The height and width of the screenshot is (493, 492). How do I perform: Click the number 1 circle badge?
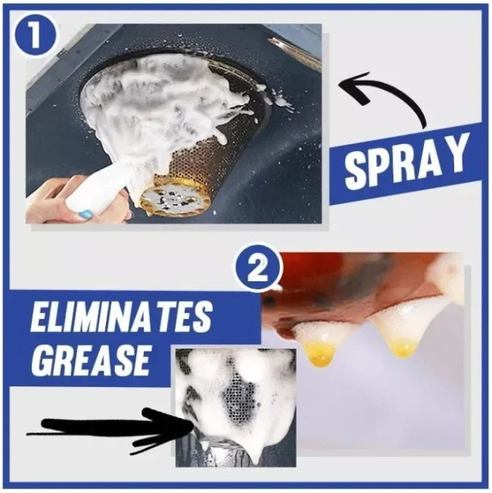click(36, 36)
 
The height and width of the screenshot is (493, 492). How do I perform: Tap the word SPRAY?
click(406, 163)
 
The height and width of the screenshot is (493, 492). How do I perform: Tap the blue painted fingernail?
click(85, 215)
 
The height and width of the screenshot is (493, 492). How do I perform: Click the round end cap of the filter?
click(167, 200)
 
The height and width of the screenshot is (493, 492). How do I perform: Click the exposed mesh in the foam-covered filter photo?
click(240, 398)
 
